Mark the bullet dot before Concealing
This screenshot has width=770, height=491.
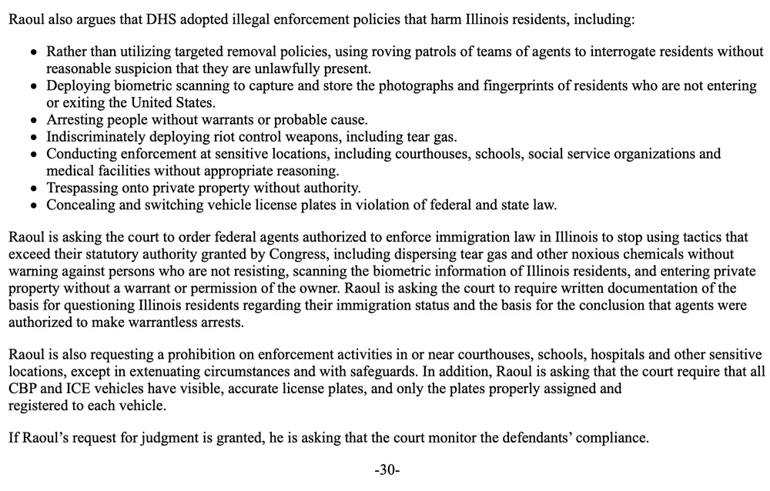click(32, 205)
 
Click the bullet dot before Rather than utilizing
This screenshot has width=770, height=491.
click(32, 53)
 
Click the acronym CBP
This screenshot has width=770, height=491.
click(22, 389)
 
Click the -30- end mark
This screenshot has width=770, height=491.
click(387, 469)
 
